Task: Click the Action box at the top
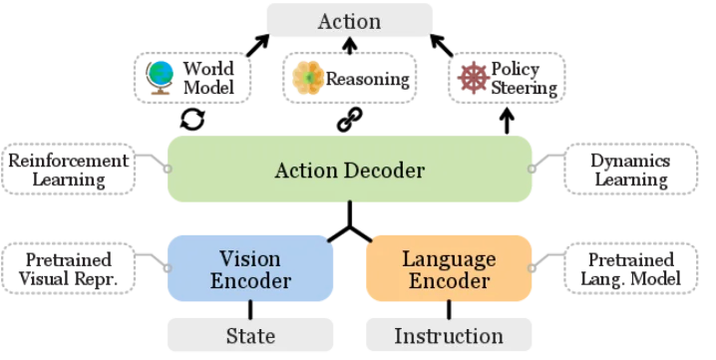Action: tap(349, 20)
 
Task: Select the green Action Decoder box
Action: tap(350, 170)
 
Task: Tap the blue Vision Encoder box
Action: tap(250, 268)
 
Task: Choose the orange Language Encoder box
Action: tap(449, 268)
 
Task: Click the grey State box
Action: tap(250, 335)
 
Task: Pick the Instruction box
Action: tap(449, 335)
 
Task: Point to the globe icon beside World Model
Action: tap(160, 78)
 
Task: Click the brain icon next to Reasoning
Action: tap(308, 78)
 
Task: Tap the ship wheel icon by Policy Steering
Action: tap(474, 78)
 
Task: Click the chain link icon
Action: tap(350, 120)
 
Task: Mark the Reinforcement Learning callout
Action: tap(69, 170)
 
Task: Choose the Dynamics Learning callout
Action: tap(630, 170)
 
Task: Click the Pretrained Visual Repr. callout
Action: tap(69, 268)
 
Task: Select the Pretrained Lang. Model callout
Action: tap(630, 268)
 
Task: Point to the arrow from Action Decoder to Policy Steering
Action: tap(507, 121)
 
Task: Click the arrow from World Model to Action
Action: tap(258, 45)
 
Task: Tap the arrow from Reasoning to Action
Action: tap(350, 46)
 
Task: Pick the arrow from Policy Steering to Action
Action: tap(442, 45)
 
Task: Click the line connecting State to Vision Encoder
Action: tap(250, 310)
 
